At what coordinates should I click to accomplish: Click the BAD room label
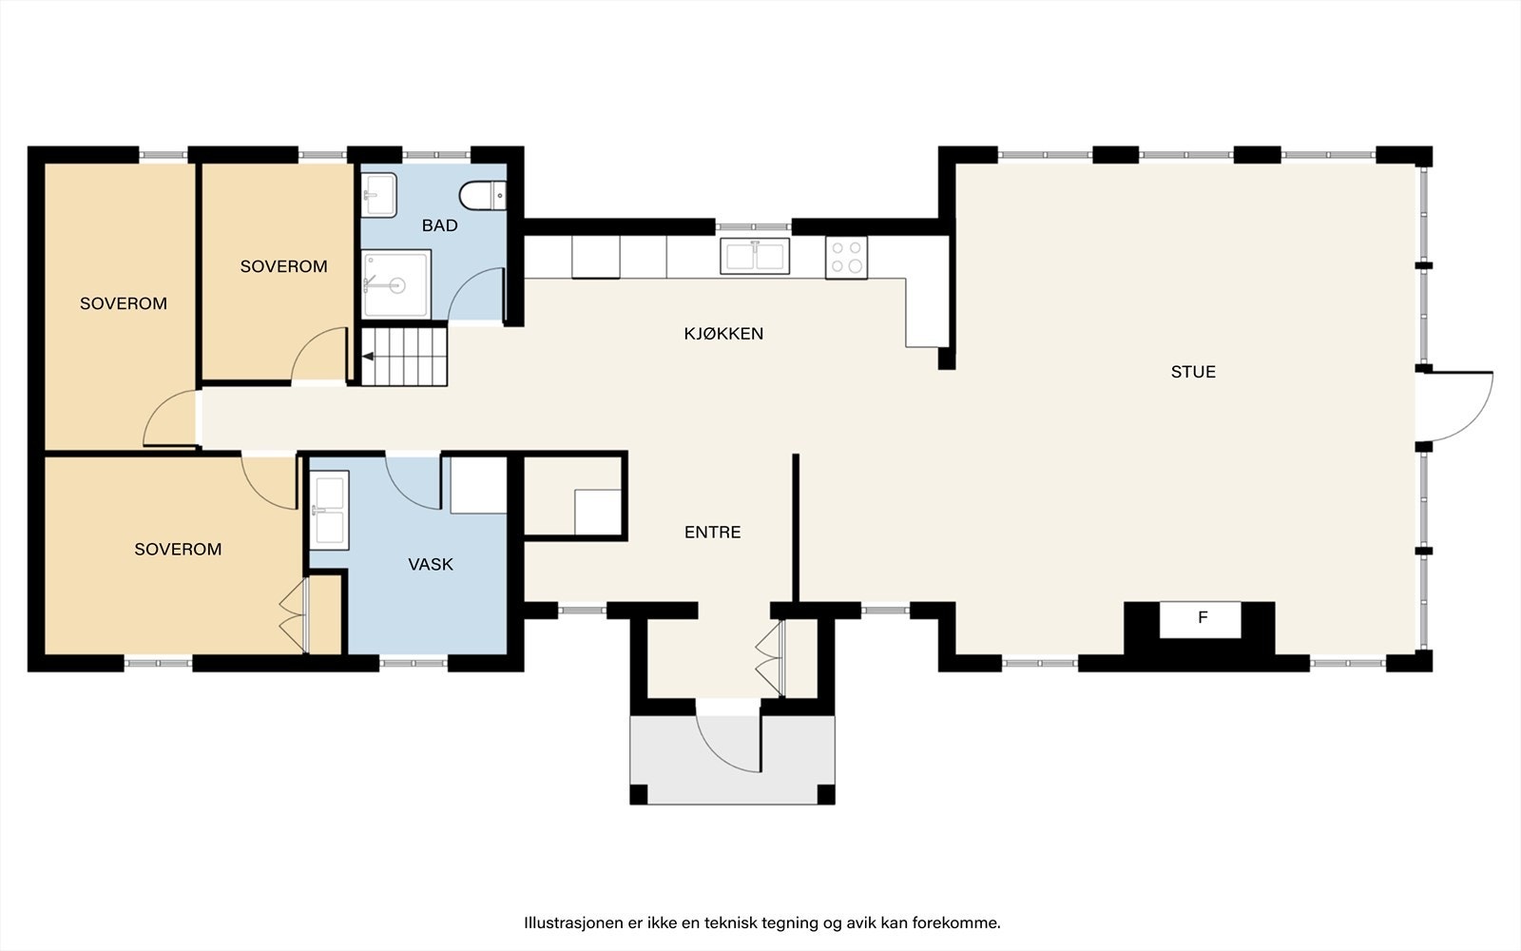pyautogui.click(x=439, y=225)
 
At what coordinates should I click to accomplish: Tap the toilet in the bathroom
pyautogui.click(x=483, y=196)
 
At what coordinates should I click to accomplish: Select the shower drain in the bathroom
pyautogui.click(x=395, y=285)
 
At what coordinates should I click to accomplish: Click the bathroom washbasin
pyautogui.click(x=378, y=195)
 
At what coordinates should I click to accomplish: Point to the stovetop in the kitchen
pyautogui.click(x=846, y=258)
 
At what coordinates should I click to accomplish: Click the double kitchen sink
pyautogui.click(x=755, y=256)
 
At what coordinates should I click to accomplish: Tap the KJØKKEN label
pyautogui.click(x=723, y=334)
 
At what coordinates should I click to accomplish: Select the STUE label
pyautogui.click(x=1193, y=372)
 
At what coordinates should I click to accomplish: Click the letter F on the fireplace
pyautogui.click(x=1203, y=617)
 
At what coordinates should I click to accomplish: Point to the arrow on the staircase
pyautogui.click(x=368, y=357)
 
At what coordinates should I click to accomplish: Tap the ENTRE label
pyautogui.click(x=712, y=532)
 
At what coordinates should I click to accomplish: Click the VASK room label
pyautogui.click(x=431, y=564)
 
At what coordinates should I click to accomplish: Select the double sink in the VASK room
pyautogui.click(x=330, y=511)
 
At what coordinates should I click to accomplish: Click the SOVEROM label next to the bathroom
pyautogui.click(x=284, y=266)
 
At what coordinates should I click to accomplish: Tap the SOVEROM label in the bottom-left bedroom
pyautogui.click(x=178, y=549)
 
